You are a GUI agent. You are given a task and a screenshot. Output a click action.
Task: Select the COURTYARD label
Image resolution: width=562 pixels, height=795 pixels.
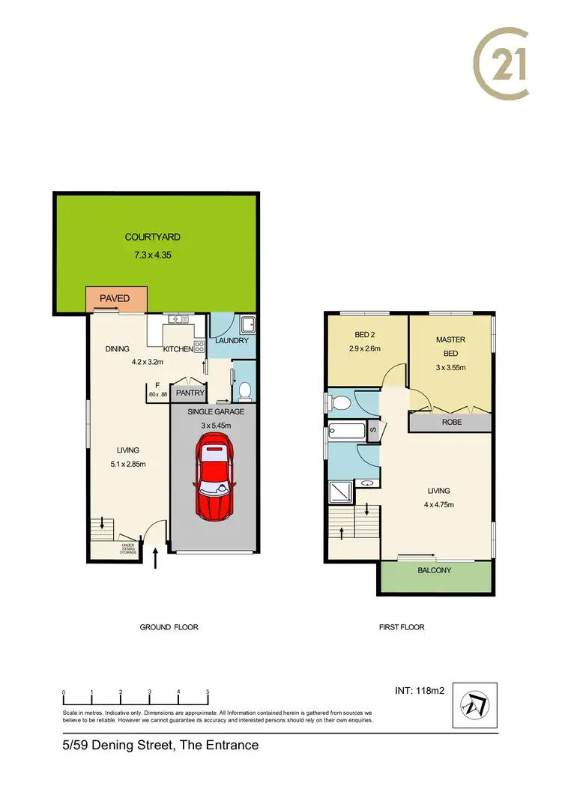pyautogui.click(x=152, y=238)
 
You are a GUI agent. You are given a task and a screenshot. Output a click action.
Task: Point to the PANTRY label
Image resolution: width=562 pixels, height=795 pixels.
pyautogui.click(x=190, y=392)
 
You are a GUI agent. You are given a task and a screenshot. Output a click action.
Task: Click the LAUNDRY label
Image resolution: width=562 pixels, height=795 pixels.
pyautogui.click(x=232, y=341)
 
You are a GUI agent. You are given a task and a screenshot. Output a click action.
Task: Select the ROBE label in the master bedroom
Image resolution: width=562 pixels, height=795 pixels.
pyautogui.click(x=450, y=422)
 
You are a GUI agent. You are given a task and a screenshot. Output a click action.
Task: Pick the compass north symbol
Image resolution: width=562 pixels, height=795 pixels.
pyautogui.click(x=475, y=704)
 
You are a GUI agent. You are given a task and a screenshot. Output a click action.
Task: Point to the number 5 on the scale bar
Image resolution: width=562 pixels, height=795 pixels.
pyautogui.click(x=208, y=692)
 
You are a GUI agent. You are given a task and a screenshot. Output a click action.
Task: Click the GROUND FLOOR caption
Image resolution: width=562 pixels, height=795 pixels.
pyautogui.click(x=169, y=627)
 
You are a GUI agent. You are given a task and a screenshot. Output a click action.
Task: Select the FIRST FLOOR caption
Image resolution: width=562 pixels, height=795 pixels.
pyautogui.click(x=402, y=627)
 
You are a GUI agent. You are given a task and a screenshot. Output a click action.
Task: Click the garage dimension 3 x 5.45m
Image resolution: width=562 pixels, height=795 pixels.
pyautogui.click(x=216, y=426)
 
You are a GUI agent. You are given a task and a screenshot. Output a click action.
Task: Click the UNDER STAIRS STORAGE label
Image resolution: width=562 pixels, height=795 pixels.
pyautogui.click(x=128, y=549)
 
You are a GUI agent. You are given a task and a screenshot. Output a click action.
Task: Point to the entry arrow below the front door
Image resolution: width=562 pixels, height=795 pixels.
pyautogui.click(x=156, y=559)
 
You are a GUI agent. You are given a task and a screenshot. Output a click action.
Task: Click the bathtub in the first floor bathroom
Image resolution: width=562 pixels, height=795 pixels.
pyautogui.click(x=348, y=431)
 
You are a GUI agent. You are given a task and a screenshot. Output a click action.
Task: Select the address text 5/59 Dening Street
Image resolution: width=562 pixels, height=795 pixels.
pyautogui.click(x=160, y=745)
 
